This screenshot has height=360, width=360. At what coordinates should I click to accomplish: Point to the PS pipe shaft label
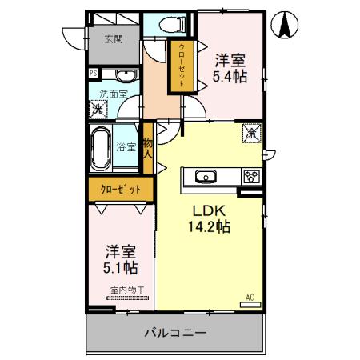93,74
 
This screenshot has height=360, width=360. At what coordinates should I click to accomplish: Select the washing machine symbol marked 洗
97,107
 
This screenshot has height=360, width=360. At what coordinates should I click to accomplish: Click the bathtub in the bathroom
100,147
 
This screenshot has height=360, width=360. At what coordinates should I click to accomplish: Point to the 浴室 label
126,147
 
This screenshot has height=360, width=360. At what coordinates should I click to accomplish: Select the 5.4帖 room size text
230,77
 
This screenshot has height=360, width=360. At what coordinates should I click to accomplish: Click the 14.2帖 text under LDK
210,226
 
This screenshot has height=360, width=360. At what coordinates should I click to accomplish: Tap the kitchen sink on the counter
202,176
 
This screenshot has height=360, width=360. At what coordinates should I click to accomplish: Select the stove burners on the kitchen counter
250,176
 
